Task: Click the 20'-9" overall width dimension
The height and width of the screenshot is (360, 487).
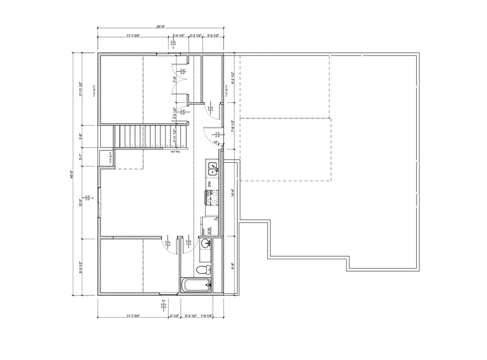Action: (160, 27)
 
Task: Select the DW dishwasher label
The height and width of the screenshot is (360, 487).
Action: (209, 184)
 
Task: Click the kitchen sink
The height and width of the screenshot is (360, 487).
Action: (212, 167)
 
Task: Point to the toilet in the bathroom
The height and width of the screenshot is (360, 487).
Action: (204, 270)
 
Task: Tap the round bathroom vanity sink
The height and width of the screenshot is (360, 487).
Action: (206, 244)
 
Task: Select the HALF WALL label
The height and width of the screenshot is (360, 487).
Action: (176, 152)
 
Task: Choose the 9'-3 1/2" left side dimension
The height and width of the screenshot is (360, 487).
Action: (81, 268)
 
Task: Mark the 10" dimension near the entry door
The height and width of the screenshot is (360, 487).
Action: (216, 142)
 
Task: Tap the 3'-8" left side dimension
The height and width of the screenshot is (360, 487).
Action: (81, 136)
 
